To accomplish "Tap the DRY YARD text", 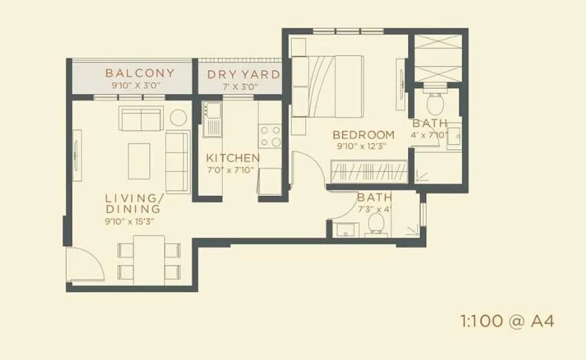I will point(243,74).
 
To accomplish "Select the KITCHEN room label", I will point(233,158).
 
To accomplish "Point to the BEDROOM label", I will point(363,135).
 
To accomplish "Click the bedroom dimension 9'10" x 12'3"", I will point(363,146).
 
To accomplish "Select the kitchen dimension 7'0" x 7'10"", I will point(233,170).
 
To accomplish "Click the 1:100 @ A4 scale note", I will point(505,321).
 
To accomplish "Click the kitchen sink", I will point(211,119).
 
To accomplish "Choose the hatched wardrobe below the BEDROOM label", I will point(368,172).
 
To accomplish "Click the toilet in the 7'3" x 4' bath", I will point(376,224).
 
